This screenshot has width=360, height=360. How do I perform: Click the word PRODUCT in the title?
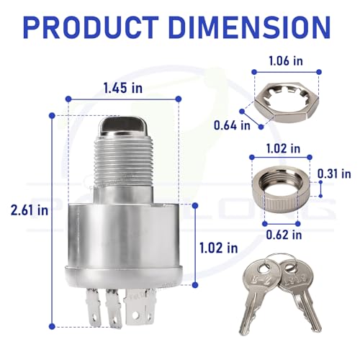click(x=91, y=27)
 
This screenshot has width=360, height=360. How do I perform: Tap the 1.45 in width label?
click(x=123, y=88)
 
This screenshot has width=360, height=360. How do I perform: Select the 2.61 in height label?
click(x=30, y=210)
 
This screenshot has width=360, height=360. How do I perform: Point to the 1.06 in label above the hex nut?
click(x=286, y=60)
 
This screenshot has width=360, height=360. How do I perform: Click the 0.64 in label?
click(x=232, y=125)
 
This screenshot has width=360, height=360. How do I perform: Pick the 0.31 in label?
click(x=334, y=174)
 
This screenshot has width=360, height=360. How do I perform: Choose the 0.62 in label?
click(x=284, y=235)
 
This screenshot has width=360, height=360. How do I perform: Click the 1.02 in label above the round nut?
click(x=283, y=148)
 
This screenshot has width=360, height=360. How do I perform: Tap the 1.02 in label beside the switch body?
click(x=219, y=248)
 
